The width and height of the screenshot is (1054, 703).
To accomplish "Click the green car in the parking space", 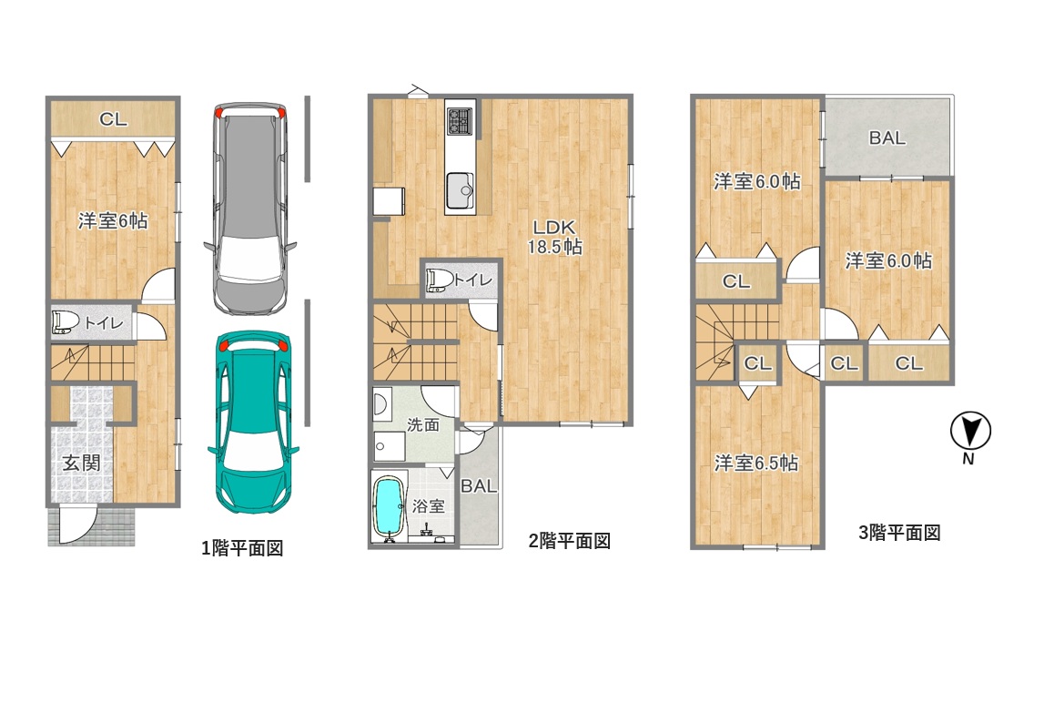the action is pyautogui.click(x=253, y=423).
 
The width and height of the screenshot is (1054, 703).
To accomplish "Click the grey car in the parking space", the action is pyautogui.click(x=250, y=208).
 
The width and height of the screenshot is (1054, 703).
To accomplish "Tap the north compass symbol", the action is pyautogui.click(x=970, y=432).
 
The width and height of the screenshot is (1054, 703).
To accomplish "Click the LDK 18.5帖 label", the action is pyautogui.click(x=554, y=237).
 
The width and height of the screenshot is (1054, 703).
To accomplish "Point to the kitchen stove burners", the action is pyautogui.click(x=460, y=120).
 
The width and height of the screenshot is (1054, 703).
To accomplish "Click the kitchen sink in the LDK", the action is pyautogui.click(x=460, y=189).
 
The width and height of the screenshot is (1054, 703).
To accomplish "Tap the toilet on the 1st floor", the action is pyautogui.click(x=66, y=321).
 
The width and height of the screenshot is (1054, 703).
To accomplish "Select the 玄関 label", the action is pyautogui.click(x=82, y=463).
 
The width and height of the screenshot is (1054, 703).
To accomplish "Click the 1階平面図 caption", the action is pyautogui.click(x=242, y=548).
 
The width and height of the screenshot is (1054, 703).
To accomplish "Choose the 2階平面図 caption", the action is pyautogui.click(x=570, y=541).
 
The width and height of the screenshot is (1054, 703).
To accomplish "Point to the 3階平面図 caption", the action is pyautogui.click(x=899, y=533).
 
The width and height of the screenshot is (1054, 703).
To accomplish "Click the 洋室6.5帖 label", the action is pyautogui.click(x=756, y=464).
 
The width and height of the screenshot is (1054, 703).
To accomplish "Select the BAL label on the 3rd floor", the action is pyautogui.click(x=887, y=138).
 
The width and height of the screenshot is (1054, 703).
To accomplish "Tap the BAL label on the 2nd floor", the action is pyautogui.click(x=479, y=485).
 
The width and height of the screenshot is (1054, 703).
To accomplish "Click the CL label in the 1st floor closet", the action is pyautogui.click(x=113, y=119).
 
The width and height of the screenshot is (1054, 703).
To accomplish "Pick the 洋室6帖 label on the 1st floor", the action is pyautogui.click(x=113, y=220).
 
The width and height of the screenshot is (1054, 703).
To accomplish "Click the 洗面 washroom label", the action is pyautogui.click(x=423, y=424).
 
